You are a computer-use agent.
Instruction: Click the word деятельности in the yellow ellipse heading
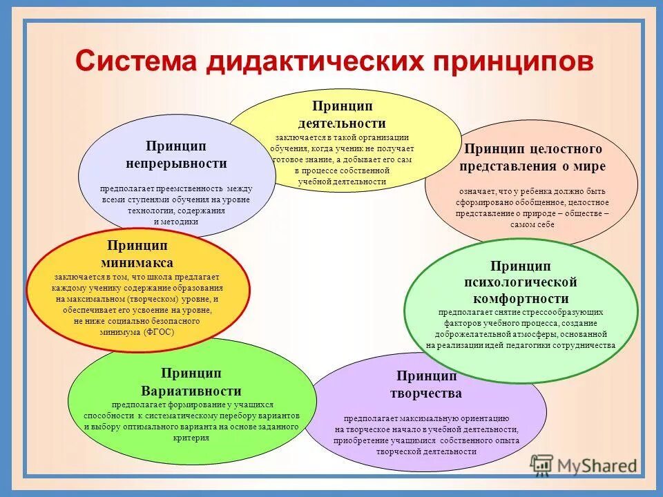click(342, 124)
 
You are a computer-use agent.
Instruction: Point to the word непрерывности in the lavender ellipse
click(176, 164)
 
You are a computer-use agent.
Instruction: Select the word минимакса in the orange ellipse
click(137, 262)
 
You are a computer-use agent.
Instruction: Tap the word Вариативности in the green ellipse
click(191, 390)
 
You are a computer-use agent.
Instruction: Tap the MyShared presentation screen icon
click(542, 465)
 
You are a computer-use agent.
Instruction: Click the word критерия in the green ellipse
click(191, 438)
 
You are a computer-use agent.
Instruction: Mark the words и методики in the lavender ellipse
click(175, 222)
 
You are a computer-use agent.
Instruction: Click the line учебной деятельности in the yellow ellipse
click(342, 182)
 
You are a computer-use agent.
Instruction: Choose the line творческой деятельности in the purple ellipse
click(426, 451)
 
